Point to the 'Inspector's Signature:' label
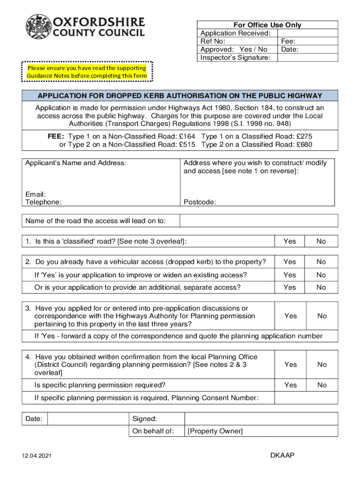[x=235, y=58]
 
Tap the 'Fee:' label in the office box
[x=288, y=41]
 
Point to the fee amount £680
[x=304, y=145]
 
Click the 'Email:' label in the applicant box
[x=36, y=194]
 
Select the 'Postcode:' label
[x=200, y=202]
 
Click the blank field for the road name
[x=259, y=221]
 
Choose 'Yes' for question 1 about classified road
[x=290, y=241]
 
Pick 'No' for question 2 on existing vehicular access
[x=321, y=262]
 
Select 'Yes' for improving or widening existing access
[x=290, y=275]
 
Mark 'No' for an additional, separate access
[x=321, y=287]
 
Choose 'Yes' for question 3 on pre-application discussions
[x=290, y=316]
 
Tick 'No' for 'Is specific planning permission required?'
[x=322, y=385]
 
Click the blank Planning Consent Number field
[x=306, y=398]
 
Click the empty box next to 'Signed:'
[x=261, y=419]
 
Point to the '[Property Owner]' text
[x=215, y=431]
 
